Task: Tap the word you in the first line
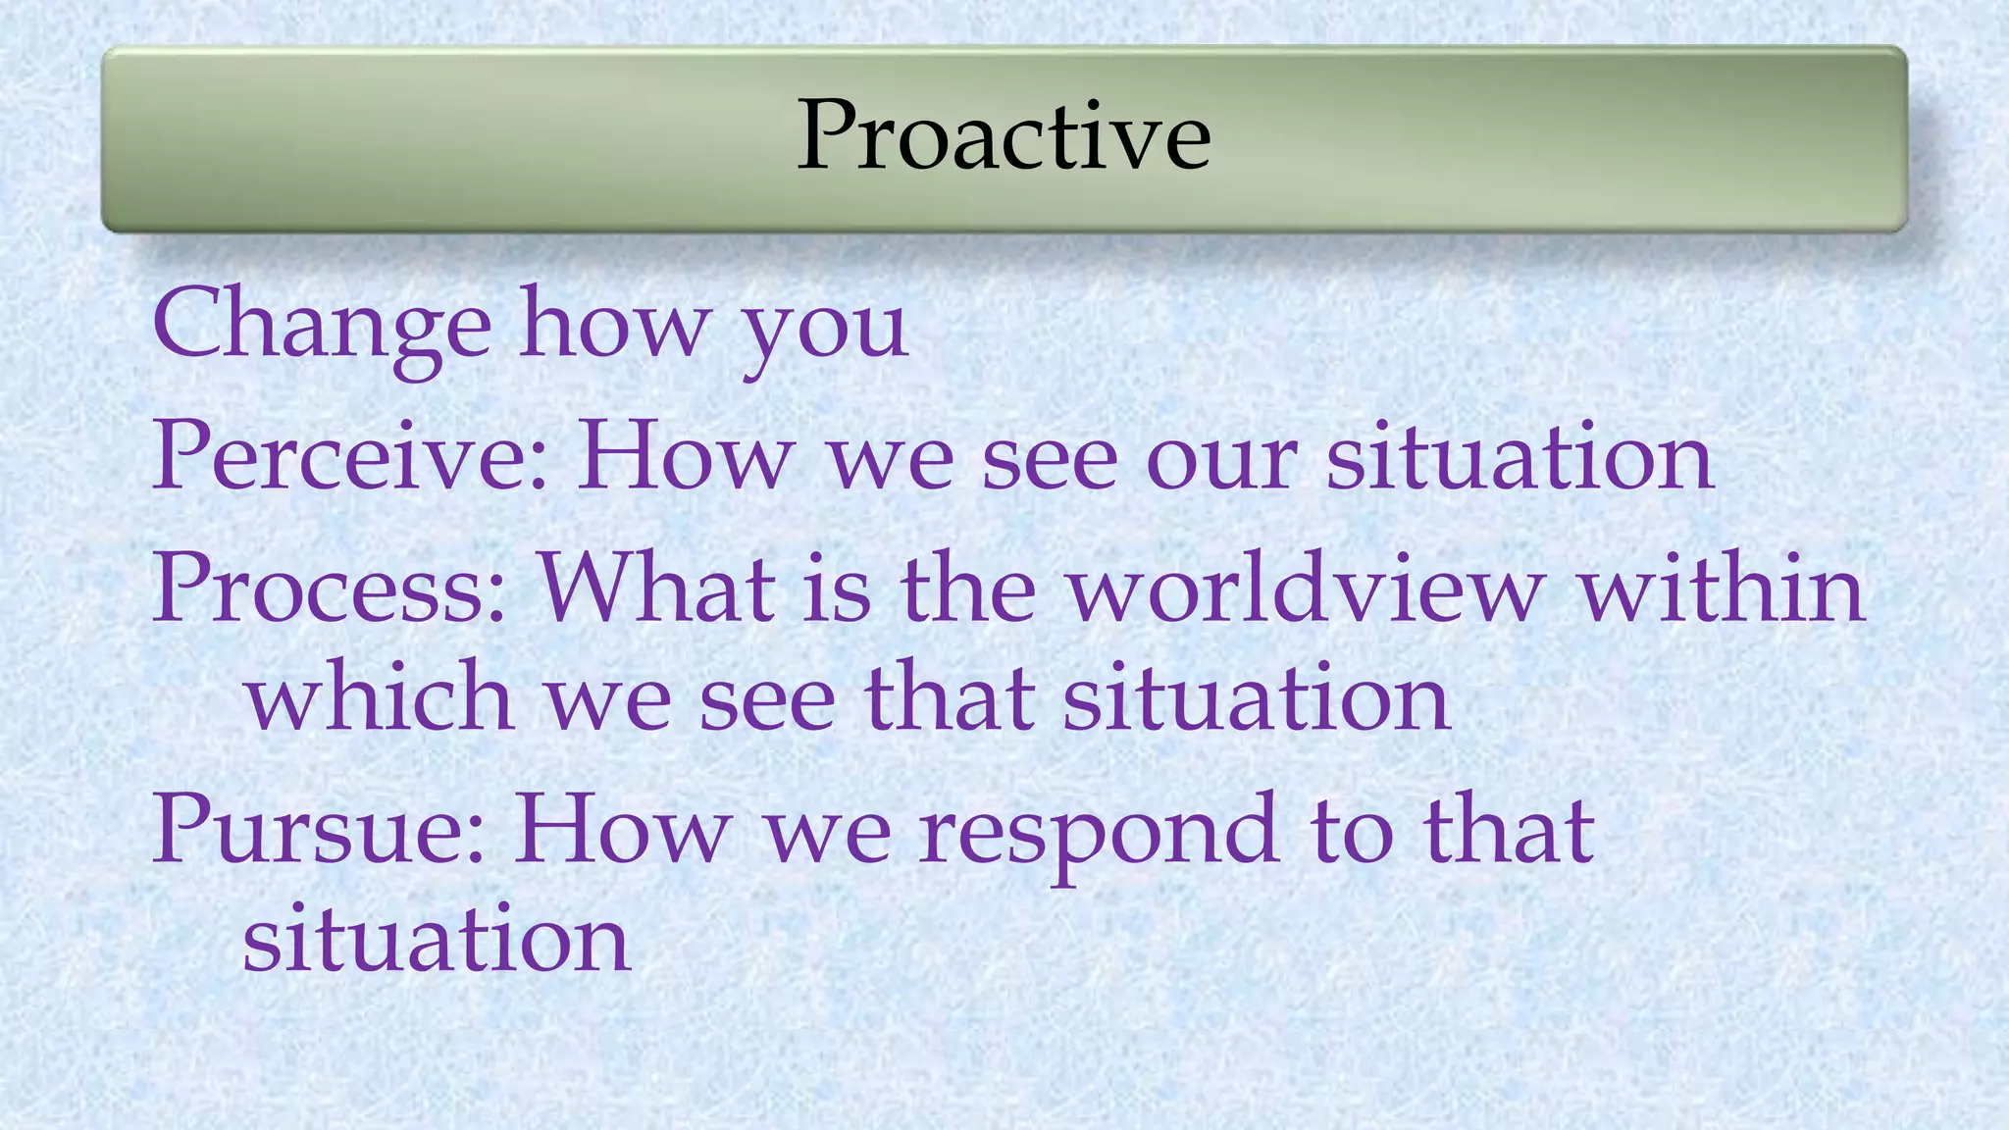[x=825, y=330]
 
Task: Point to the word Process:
[x=330, y=589]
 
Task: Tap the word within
[x=1722, y=589]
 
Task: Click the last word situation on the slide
[x=436, y=939]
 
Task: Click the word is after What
[x=837, y=589]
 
